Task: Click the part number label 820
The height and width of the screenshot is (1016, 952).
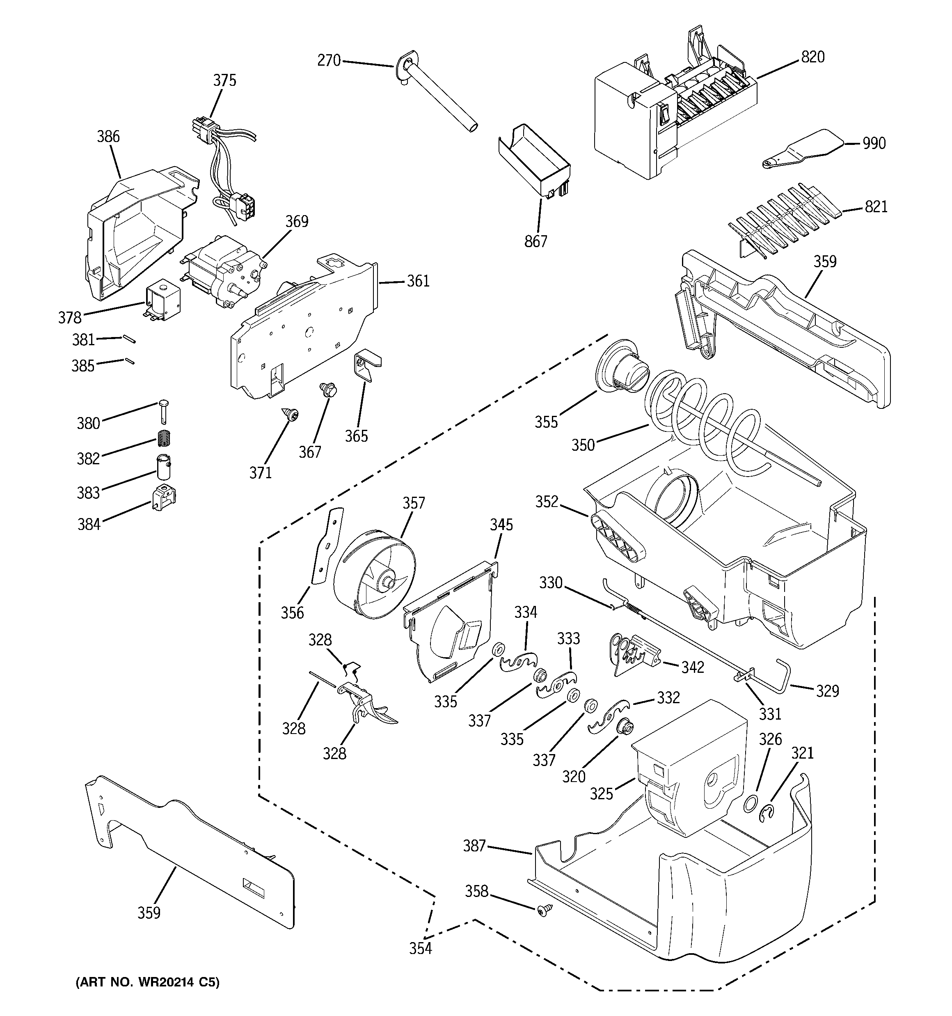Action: [812, 57]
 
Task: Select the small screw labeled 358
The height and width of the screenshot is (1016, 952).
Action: [543, 910]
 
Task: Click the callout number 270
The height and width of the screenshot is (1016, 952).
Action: [329, 61]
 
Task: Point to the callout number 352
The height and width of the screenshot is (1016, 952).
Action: [547, 502]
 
